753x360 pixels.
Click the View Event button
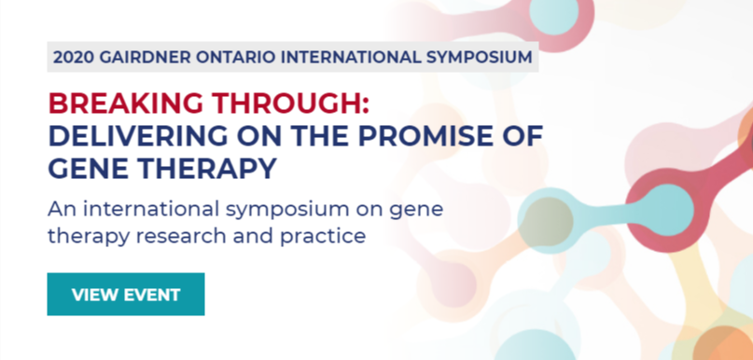[x=126, y=294]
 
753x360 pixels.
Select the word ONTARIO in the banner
[x=235, y=57]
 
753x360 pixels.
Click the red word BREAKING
[x=126, y=104]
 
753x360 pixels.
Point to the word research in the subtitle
[x=186, y=236]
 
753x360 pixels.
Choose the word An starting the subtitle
[x=60, y=210]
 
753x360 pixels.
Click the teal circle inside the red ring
[x=668, y=210]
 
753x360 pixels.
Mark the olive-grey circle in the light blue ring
[x=548, y=221]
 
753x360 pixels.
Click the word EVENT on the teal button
[x=153, y=295]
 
